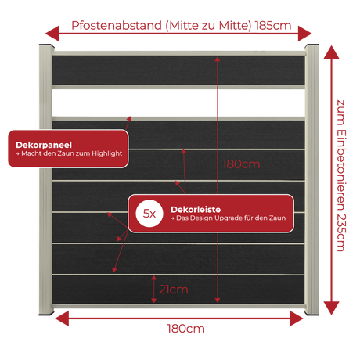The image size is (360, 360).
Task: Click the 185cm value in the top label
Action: click(273, 26)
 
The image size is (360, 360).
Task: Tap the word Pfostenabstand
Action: click(117, 26)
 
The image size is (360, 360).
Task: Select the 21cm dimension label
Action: click(174, 290)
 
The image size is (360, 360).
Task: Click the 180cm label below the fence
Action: click(185, 329)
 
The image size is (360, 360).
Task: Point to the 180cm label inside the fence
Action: click(241, 164)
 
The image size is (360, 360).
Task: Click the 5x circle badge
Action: click(149, 214)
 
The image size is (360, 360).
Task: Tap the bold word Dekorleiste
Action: click(196, 209)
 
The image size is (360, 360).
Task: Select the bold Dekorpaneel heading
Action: click(44, 145)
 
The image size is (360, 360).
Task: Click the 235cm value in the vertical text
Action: click(341, 232)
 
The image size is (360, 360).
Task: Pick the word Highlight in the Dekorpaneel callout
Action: click(107, 153)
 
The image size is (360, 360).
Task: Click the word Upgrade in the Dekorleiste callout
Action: click(228, 218)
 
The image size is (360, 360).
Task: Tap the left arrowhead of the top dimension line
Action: click(52, 34)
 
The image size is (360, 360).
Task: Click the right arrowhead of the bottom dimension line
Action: click(297, 319)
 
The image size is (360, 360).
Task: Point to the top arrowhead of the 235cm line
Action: click(331, 52)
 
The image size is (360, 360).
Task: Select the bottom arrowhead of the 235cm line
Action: click(331, 308)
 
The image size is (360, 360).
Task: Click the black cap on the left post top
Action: click(47, 45)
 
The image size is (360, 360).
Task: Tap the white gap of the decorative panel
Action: click(178, 103)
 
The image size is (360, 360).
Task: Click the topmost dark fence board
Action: click(178, 70)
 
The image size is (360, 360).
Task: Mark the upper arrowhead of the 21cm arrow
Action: click(154, 278)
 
